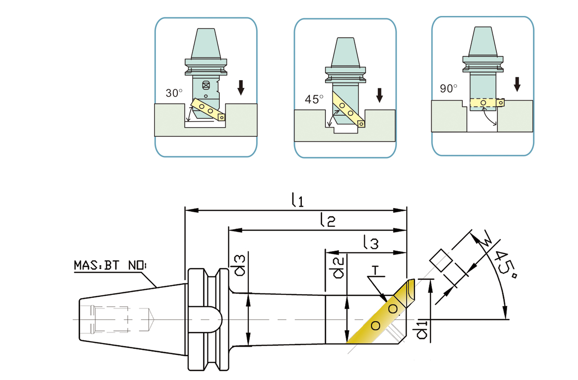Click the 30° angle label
[174, 93]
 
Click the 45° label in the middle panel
[314, 99]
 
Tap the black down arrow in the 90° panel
[517, 84]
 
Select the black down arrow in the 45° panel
[379, 95]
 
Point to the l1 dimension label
[298, 200]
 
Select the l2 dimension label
[327, 221]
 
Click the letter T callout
[376, 271]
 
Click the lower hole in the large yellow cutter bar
[376, 325]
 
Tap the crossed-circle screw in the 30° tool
[206, 85]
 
